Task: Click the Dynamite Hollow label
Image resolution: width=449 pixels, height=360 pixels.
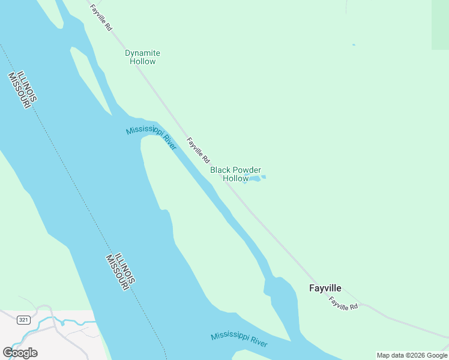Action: coord(142,57)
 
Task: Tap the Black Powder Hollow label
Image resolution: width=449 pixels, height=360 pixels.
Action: coord(235,174)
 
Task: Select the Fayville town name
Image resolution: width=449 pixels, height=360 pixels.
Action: coord(325,288)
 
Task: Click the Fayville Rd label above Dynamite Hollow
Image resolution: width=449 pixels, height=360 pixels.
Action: coord(101,17)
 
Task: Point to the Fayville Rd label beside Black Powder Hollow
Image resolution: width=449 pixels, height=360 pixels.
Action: coord(198,151)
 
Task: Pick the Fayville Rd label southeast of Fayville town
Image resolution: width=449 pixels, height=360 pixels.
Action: coord(344,304)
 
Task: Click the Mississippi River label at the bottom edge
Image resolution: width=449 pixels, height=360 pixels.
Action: coord(239,340)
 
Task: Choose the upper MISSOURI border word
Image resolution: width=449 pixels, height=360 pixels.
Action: coord(19,91)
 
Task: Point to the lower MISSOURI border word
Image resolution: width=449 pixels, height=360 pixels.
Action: coord(116,271)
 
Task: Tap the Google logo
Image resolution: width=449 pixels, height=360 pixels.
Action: coord(20,353)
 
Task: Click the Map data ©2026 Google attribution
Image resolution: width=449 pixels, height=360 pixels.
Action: coord(412,355)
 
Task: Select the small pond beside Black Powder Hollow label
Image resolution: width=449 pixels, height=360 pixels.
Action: coord(255,178)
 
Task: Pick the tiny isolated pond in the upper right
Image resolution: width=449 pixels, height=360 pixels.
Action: coord(354,44)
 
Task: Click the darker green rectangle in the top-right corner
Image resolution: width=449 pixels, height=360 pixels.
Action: coord(440,24)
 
